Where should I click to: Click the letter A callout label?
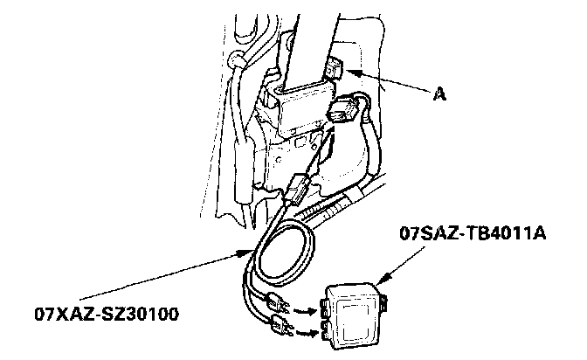[440, 93]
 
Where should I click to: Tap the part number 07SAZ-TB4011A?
[473, 233]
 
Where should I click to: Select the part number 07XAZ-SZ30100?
[107, 314]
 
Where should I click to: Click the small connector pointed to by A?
[333, 68]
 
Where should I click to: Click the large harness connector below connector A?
[343, 107]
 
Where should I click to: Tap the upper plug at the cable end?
[278, 302]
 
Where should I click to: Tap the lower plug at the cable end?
[280, 326]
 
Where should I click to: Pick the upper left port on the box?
[324, 308]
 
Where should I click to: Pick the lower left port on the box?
[326, 330]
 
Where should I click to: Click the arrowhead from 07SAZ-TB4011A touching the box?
[383, 278]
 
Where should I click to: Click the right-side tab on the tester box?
[384, 302]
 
